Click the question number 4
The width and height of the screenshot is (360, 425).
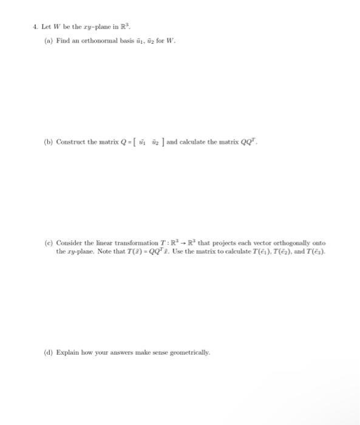[35, 26]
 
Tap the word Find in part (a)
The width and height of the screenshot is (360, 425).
[63, 41]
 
